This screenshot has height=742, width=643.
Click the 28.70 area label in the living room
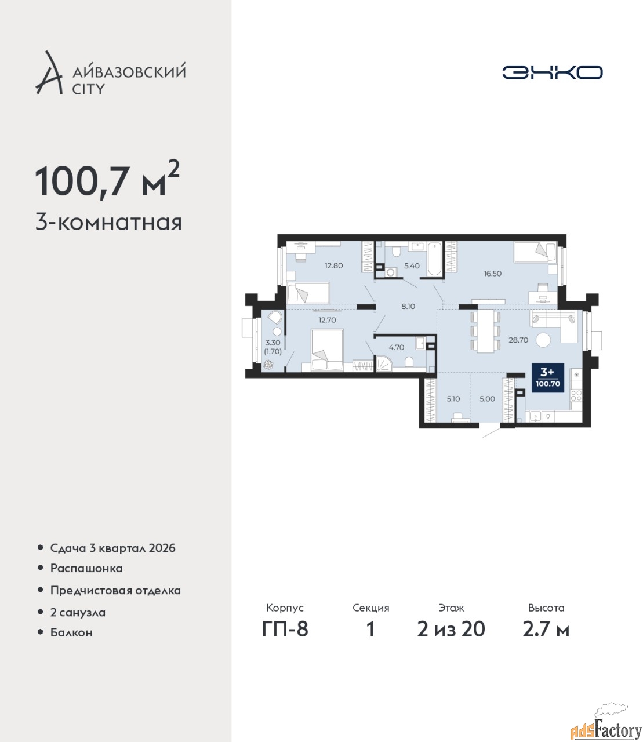pos(518,340)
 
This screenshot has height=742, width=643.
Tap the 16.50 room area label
pos(492,274)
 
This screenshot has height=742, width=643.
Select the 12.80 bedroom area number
pos(333,265)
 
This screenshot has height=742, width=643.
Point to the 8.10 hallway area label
pos(408,306)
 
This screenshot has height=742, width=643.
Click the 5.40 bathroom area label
pos(412,265)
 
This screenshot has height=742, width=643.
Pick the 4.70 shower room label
pos(397,347)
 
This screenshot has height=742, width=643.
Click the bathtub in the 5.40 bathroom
pos(434,259)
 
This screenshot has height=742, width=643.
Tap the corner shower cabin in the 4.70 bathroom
pos(384,363)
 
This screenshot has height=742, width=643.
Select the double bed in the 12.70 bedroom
pos(327,350)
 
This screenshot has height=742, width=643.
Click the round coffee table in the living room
pos(543,339)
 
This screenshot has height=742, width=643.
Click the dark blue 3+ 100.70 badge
pos(548,379)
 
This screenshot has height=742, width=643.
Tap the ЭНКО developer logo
pos(552,72)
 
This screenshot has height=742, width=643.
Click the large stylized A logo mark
pos(49,72)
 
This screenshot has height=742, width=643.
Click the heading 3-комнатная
pos(108,223)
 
